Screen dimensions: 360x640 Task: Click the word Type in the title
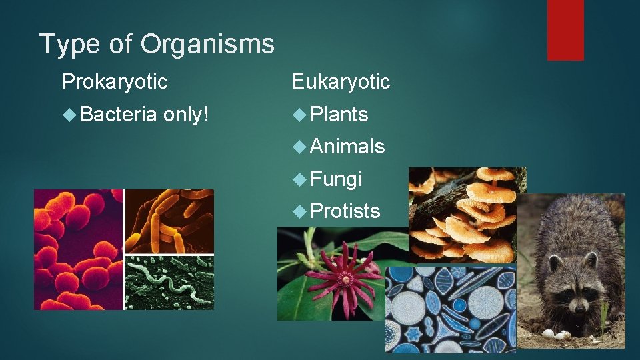coord(65,44)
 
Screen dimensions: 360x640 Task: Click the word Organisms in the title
coord(207,44)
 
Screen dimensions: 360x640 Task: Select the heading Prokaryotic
coord(115,82)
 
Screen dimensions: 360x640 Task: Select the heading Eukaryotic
coord(341,82)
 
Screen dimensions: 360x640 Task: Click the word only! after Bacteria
coord(186,115)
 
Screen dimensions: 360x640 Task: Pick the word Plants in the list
coord(339,115)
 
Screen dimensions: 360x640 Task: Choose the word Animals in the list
coord(347,146)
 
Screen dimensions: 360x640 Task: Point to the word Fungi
coord(337,179)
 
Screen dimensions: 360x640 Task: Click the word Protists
coord(345,211)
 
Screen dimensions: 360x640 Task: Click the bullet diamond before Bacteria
coord(69,115)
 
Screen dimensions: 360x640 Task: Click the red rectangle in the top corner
coord(565,30)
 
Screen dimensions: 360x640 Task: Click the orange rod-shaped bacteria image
coord(169,220)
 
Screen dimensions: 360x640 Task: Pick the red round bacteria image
coord(78,250)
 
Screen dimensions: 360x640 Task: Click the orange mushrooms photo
coord(467,213)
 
